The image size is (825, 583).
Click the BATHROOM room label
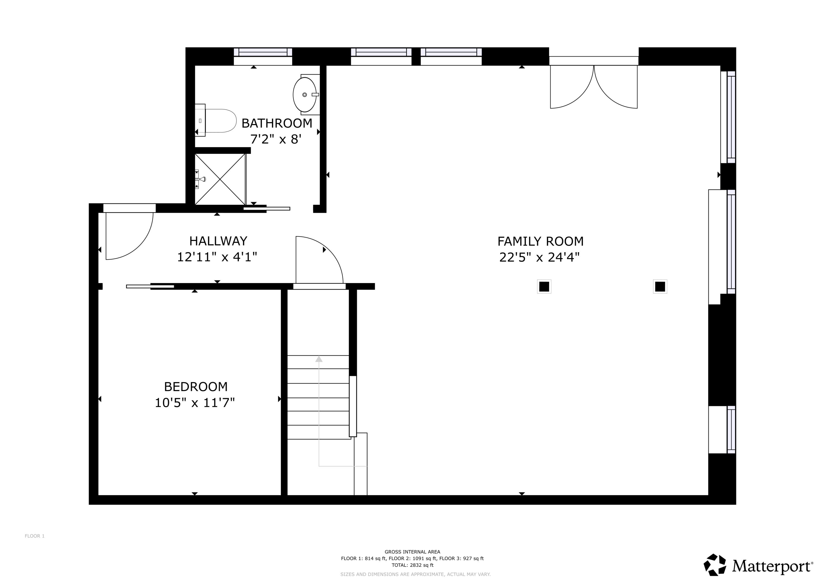point(277,123)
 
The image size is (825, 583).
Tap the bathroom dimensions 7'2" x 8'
point(275,139)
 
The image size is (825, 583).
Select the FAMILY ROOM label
point(540,241)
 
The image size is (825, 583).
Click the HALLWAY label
point(218,241)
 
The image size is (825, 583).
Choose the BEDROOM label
point(196,386)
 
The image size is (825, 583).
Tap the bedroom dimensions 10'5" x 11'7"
point(194,403)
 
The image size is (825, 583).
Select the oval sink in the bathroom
point(305,95)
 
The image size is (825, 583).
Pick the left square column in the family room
point(544,287)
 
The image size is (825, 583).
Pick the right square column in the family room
point(660,287)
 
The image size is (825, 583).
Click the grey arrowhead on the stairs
point(319,359)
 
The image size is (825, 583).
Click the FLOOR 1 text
point(34,536)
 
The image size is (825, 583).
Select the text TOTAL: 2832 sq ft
point(412,565)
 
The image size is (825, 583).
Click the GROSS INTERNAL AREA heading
point(412,552)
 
